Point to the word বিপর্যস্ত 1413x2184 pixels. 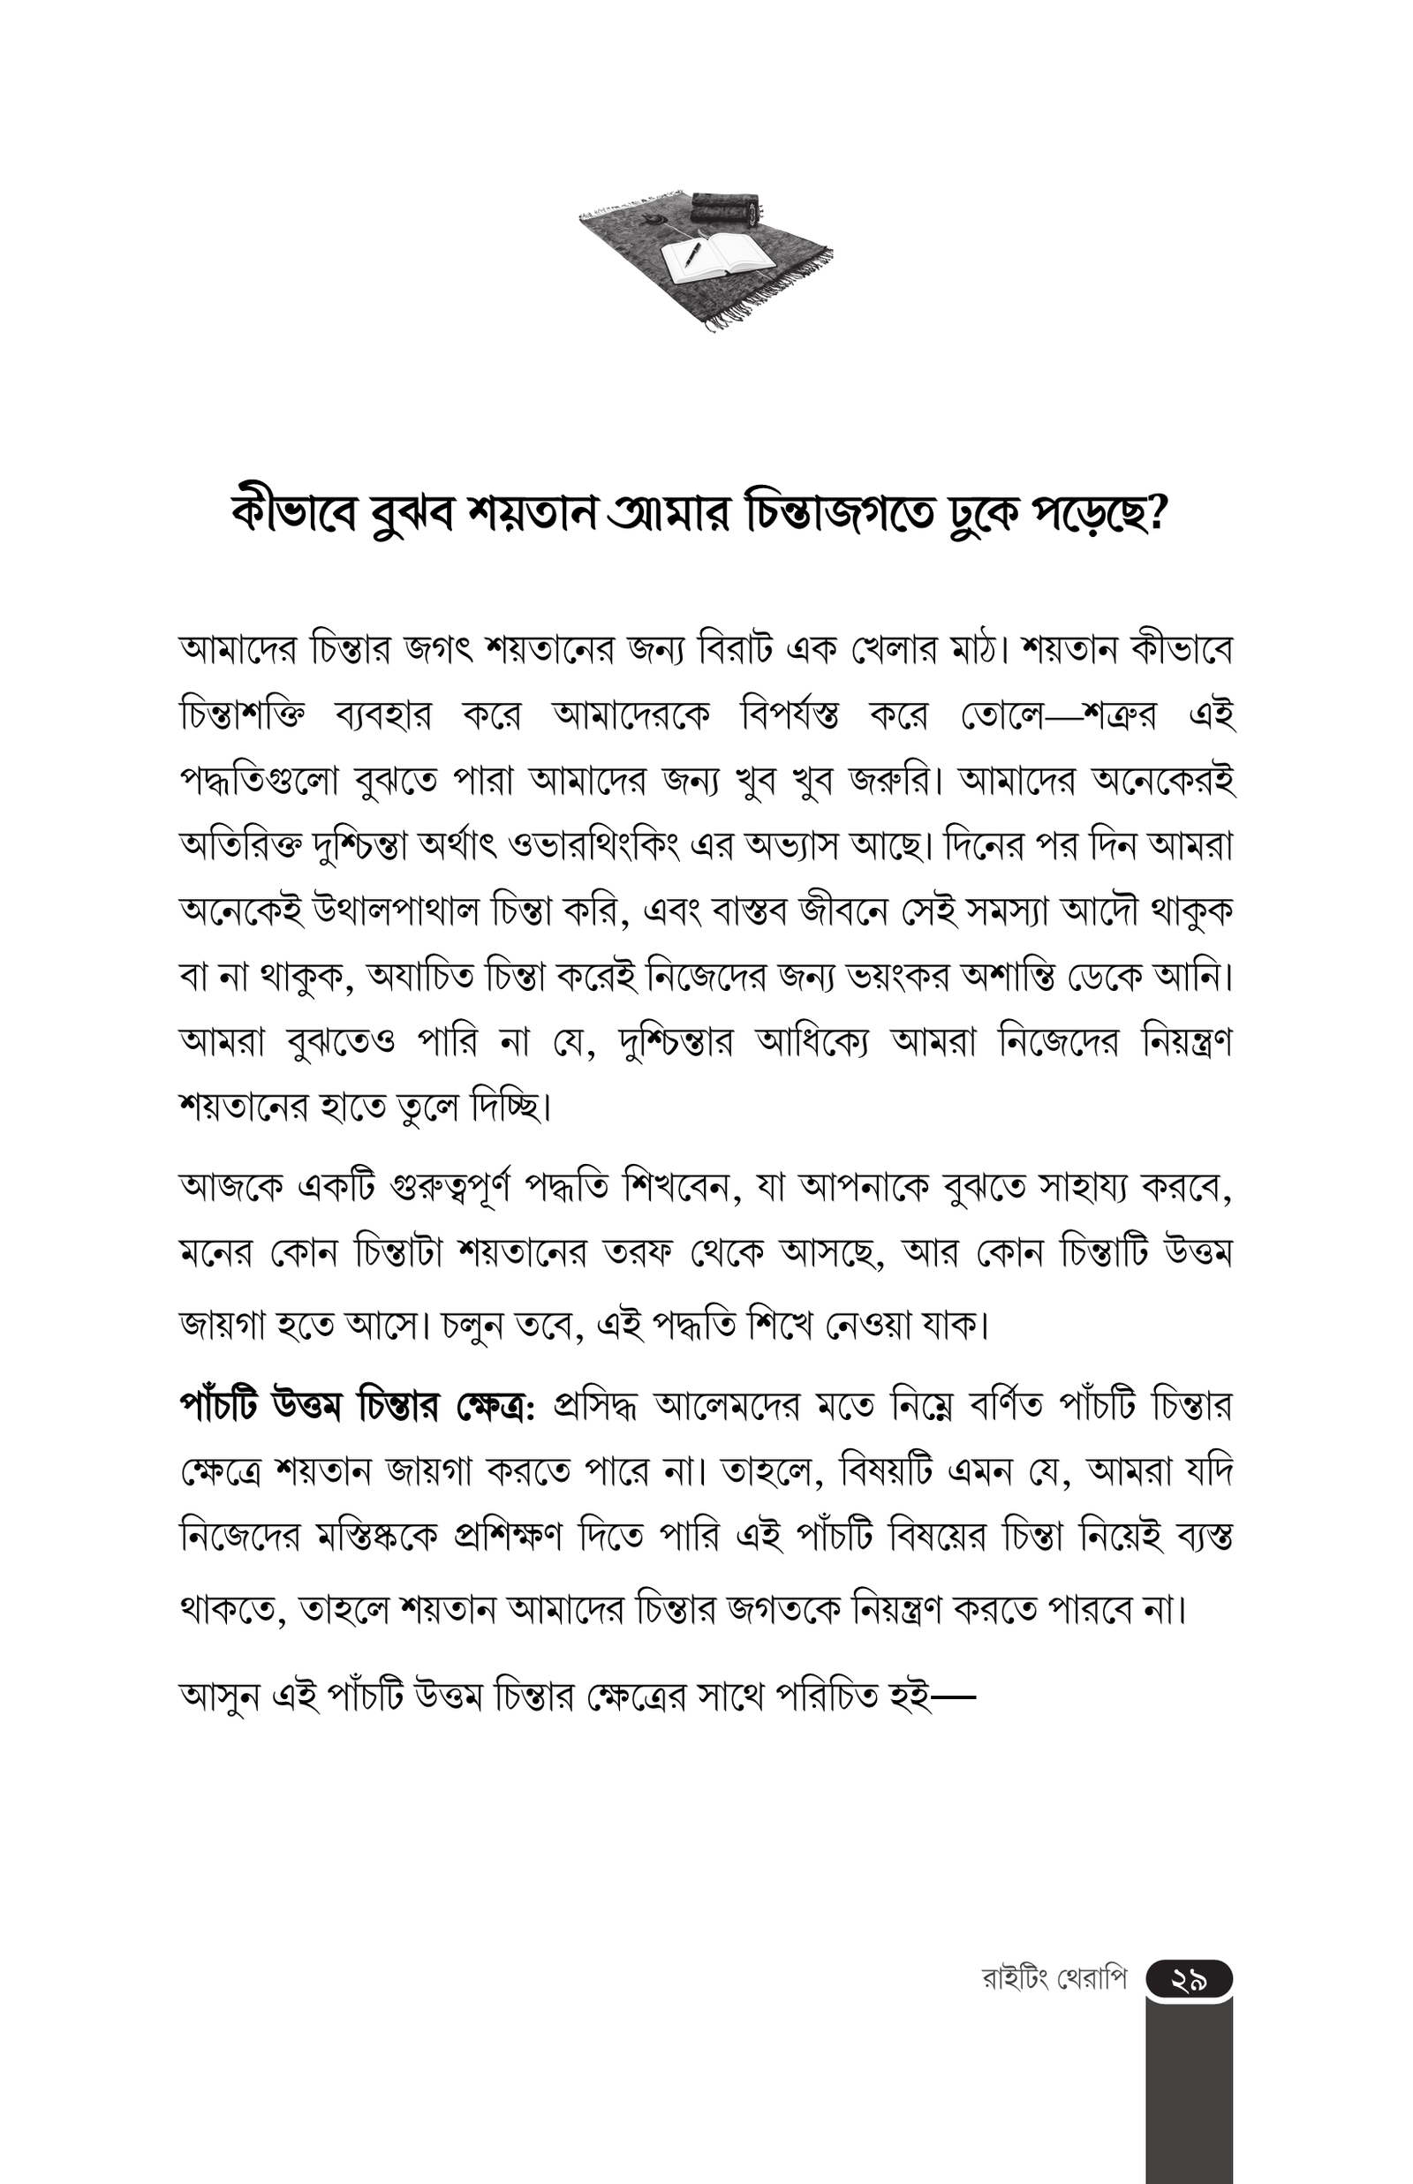point(790,716)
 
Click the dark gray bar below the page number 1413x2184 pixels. point(1189,2091)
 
